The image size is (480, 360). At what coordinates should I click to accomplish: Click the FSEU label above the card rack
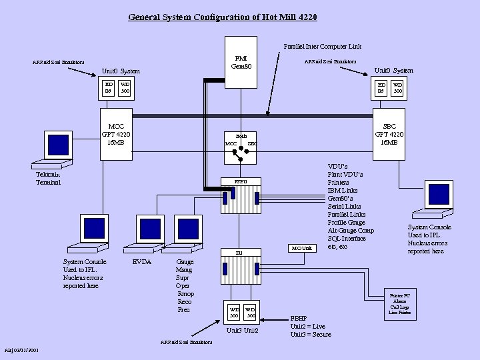tap(239, 181)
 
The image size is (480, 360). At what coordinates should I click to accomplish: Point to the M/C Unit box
tap(301, 249)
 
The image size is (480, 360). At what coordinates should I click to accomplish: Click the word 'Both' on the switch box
tap(241, 135)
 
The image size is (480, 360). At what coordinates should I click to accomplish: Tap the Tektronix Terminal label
tap(48, 179)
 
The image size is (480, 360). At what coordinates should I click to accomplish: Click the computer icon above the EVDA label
tap(149, 231)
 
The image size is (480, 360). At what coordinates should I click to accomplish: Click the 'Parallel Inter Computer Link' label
tap(322, 47)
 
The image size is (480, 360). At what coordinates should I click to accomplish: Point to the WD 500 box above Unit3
tap(234, 312)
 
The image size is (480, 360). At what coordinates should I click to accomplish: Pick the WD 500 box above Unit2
tap(249, 312)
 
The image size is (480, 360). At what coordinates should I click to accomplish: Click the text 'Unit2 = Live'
tap(307, 326)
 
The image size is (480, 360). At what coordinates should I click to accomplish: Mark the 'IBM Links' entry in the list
tap(343, 191)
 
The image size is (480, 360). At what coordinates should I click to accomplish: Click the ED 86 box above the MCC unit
tap(109, 87)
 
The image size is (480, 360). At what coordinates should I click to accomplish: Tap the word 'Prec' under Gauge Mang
tap(183, 309)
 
